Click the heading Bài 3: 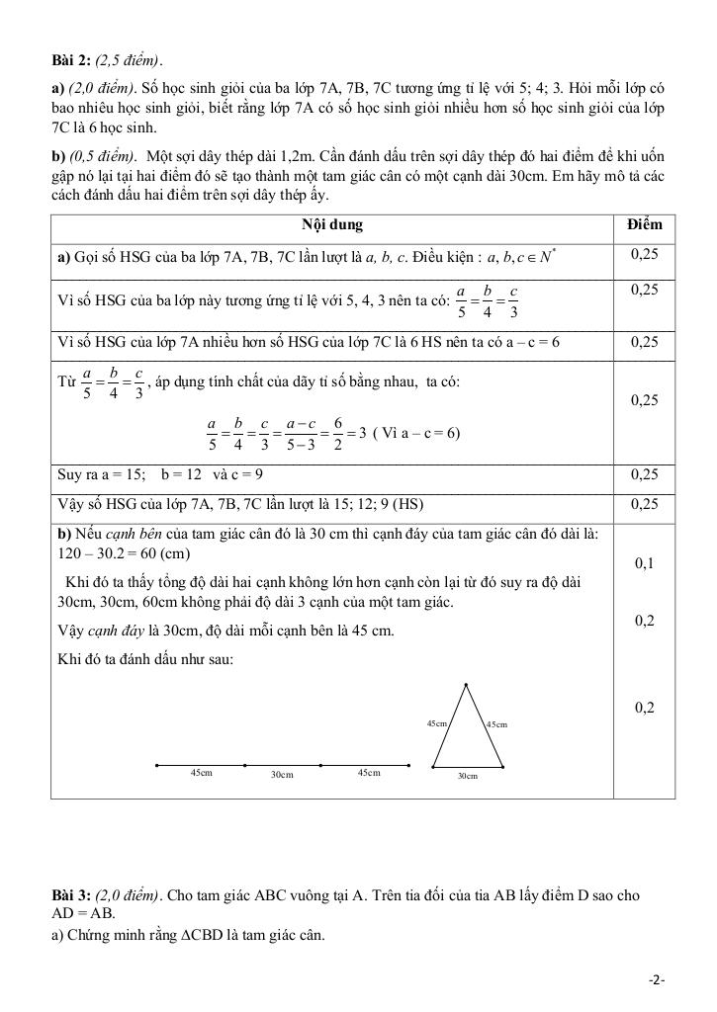(x=72, y=895)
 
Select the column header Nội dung (x=331, y=224)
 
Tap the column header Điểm (x=645, y=224)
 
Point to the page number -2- (x=657, y=979)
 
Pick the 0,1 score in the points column (x=645, y=563)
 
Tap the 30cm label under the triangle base (x=468, y=777)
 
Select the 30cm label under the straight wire (x=282, y=775)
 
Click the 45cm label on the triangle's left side (x=436, y=723)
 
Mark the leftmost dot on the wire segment (x=157, y=765)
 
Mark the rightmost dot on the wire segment (x=410, y=765)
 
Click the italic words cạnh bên (x=139, y=535)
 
